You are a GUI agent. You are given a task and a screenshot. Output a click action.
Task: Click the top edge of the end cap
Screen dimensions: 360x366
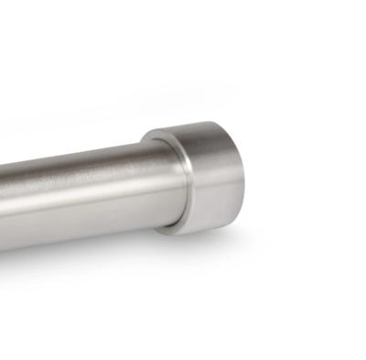pos(197,122)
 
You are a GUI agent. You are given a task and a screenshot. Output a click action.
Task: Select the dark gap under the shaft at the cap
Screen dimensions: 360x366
pos(160,221)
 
